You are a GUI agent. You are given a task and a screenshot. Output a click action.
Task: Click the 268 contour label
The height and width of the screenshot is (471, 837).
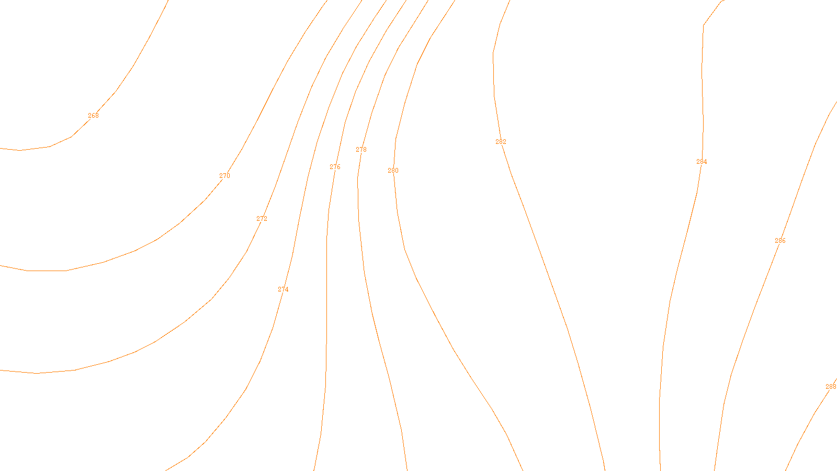[93, 116]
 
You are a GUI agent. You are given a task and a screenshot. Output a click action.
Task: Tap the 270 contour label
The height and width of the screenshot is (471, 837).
[224, 176]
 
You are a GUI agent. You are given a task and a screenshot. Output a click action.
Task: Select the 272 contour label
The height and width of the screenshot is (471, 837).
[262, 219]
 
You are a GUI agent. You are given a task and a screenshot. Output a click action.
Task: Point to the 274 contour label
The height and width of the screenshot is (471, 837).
[283, 289]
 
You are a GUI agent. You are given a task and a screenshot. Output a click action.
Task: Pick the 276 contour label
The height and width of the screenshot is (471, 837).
[335, 167]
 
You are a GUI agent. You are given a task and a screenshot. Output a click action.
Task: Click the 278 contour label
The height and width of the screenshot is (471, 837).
[361, 150]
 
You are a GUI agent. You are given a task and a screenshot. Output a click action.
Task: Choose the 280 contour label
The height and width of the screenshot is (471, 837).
[393, 171]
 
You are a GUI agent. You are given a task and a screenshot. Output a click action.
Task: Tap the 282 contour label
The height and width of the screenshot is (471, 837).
[501, 142]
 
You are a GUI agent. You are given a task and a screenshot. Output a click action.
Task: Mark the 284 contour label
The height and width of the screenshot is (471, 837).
[702, 162]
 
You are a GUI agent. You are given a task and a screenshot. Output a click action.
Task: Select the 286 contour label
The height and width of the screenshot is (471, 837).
[780, 241]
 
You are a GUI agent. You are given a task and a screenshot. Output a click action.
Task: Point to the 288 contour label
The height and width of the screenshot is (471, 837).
[831, 387]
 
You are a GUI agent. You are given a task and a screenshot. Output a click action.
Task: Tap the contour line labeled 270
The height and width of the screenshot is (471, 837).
[157, 240]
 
